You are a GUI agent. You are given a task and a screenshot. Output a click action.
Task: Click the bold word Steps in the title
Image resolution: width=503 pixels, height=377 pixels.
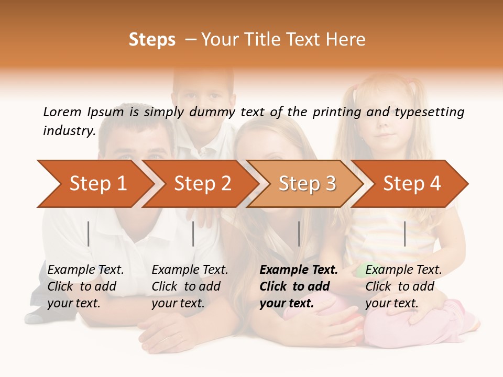(x=152, y=40)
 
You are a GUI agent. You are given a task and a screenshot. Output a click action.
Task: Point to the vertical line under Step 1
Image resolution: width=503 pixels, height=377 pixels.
(x=89, y=234)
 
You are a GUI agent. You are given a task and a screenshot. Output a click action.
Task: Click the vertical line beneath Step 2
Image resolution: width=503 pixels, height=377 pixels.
(x=193, y=234)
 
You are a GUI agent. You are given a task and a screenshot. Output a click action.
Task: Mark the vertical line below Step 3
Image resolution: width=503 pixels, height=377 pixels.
(x=299, y=234)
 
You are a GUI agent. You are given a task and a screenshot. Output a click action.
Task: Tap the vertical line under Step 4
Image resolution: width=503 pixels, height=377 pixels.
(x=405, y=234)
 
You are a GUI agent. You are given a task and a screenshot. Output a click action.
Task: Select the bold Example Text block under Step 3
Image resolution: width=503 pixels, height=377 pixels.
(x=299, y=286)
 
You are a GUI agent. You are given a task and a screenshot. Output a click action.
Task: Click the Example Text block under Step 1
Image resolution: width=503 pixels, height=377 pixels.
(x=85, y=286)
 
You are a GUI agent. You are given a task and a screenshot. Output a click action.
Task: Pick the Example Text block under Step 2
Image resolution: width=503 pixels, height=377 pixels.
(x=190, y=286)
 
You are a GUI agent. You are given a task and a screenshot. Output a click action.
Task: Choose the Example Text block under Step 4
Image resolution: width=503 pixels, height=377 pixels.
(x=403, y=286)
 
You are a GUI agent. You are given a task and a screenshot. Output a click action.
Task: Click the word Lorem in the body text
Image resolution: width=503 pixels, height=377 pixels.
(x=62, y=112)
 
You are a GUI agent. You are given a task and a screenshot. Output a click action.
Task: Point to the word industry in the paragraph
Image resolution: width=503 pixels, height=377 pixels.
(x=69, y=131)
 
